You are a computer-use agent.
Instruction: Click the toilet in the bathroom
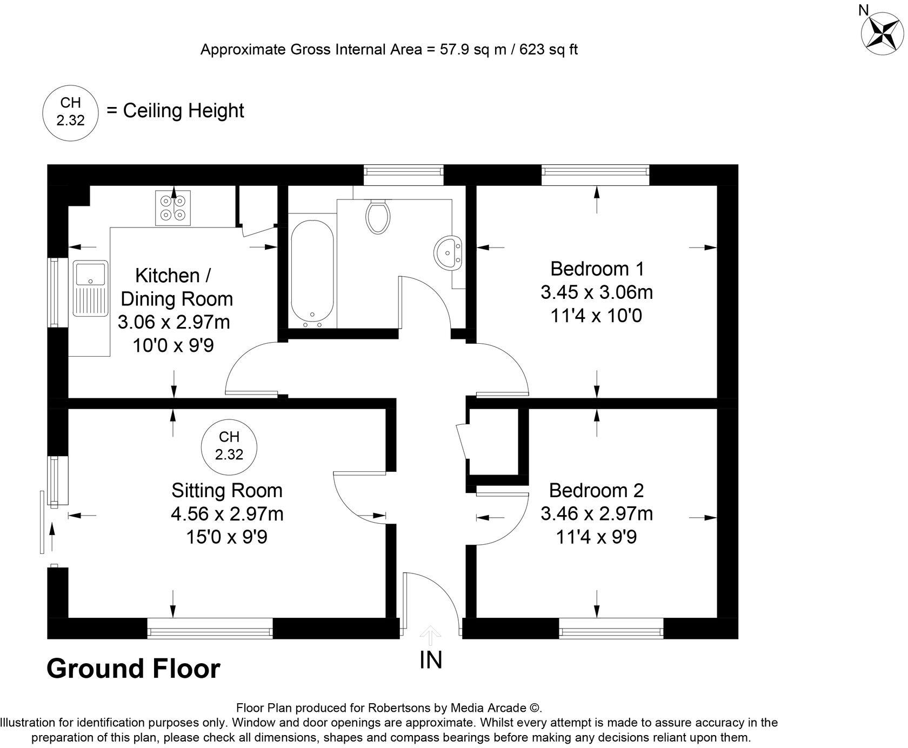coord(378,216)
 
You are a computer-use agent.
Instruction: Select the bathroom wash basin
coord(448,252)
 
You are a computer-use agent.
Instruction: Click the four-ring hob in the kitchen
coord(173,208)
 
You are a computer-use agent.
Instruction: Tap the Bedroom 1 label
coord(597,269)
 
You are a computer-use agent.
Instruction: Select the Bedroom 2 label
coord(596,490)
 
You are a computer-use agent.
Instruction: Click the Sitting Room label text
coord(227,490)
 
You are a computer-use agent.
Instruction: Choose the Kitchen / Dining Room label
coord(175,287)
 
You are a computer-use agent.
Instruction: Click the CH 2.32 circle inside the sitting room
coord(229,446)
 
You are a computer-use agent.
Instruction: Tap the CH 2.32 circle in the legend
coord(71,112)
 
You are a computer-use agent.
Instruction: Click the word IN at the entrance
coord(431,660)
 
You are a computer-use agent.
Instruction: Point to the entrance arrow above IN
coord(430,635)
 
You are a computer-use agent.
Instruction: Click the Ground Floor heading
coord(133,669)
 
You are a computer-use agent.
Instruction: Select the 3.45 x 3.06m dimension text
coord(597,292)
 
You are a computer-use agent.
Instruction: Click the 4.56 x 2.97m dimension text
coord(227,513)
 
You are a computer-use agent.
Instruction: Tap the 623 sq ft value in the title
coord(548,50)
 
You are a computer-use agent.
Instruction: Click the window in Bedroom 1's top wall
coord(595,171)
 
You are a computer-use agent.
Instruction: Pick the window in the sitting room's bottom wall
coord(210,629)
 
